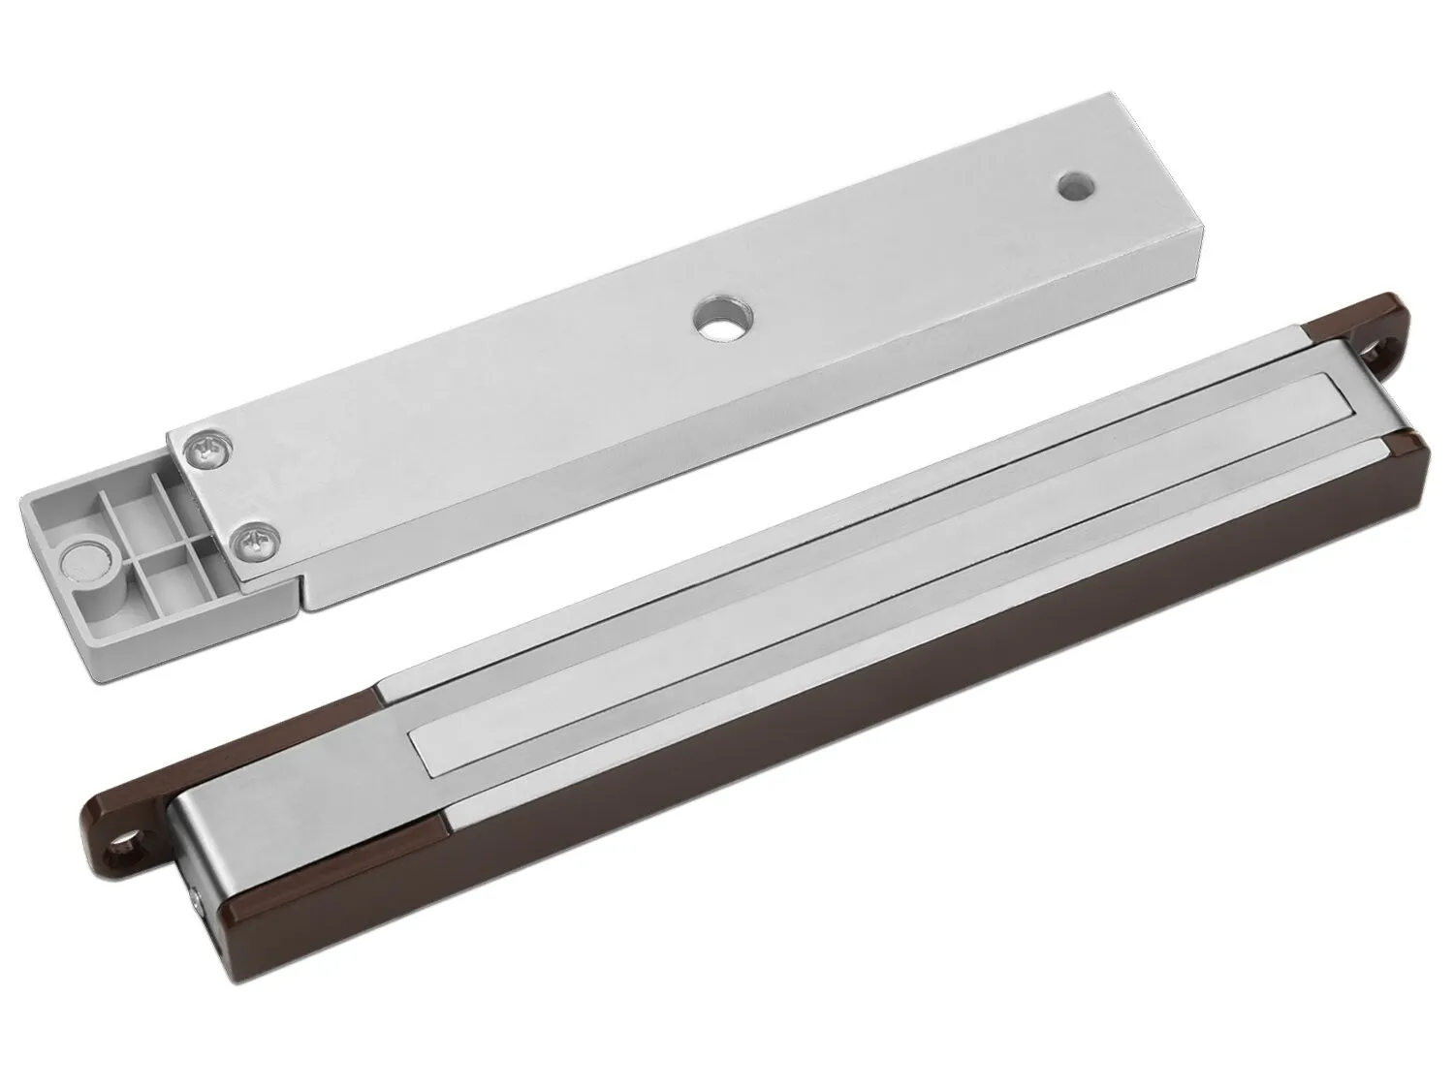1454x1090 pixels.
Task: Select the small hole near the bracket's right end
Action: (1072, 184)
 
